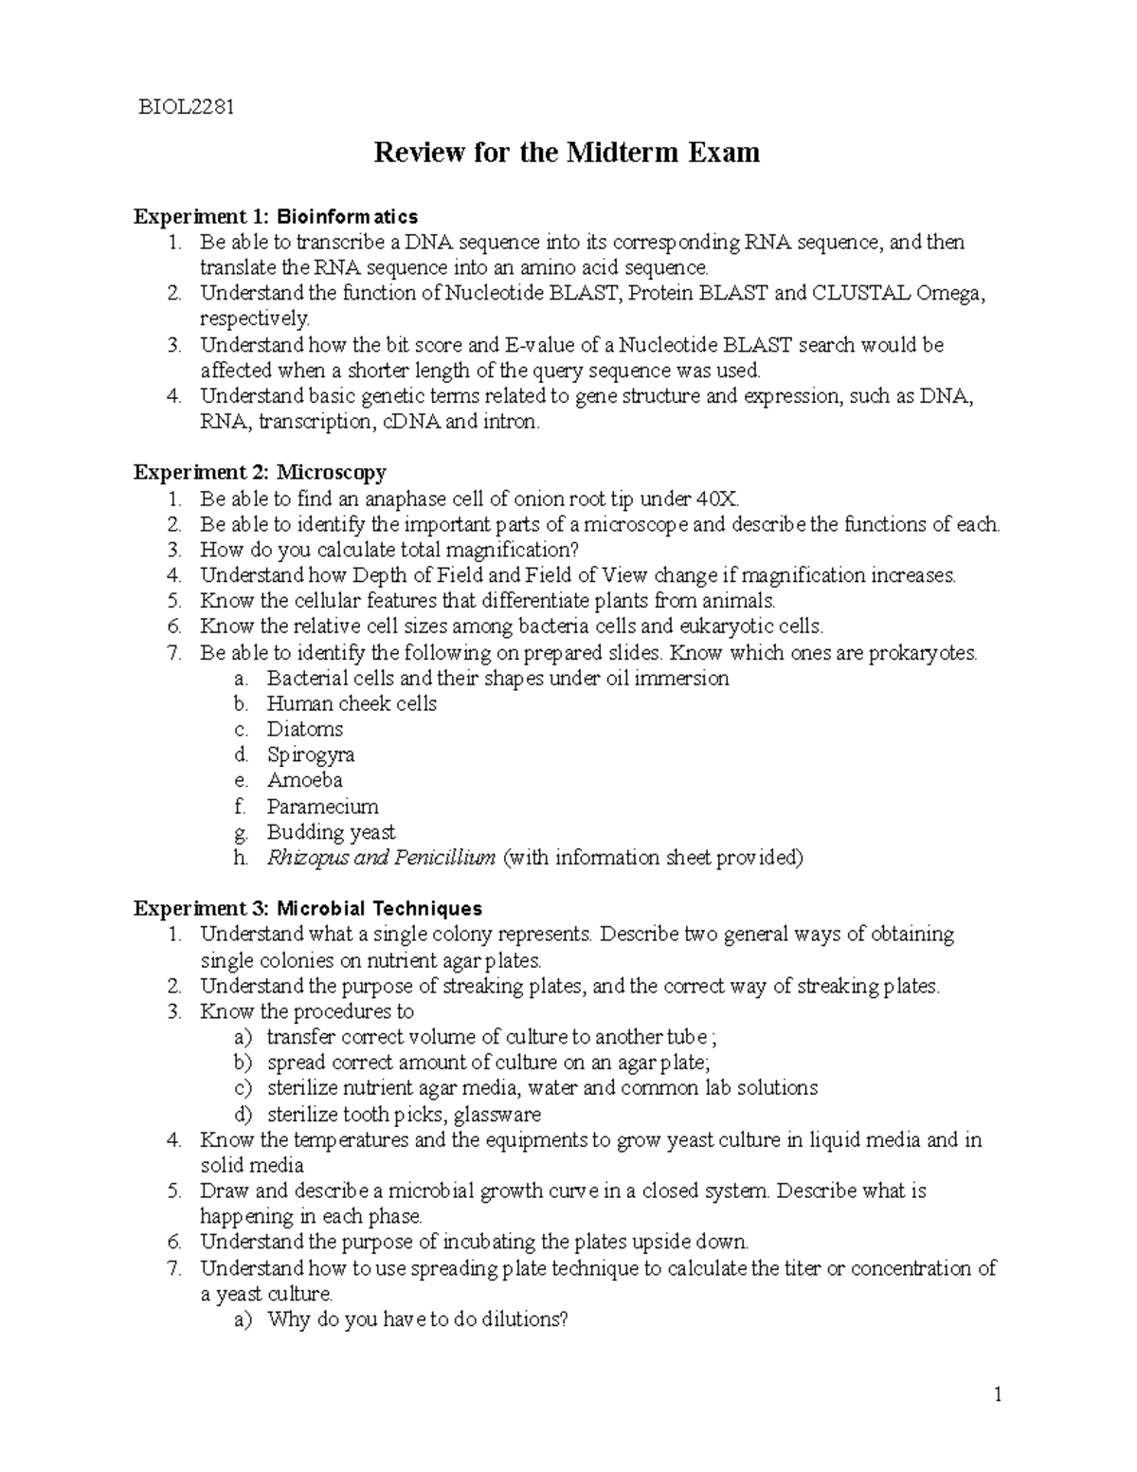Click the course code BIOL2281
coord(186,106)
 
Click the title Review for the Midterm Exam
coord(567,152)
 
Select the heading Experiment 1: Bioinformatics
coord(275,217)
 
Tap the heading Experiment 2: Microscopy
coord(260,472)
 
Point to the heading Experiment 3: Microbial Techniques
coord(308,908)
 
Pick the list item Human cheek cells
coord(352,703)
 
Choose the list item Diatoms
coord(304,729)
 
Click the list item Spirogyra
coord(311,755)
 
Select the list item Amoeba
coord(304,780)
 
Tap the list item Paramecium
coord(322,807)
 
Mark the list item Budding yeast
coord(331,832)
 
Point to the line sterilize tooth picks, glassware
coord(404,1114)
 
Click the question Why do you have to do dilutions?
coord(417,1319)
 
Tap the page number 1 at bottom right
coord(997,1394)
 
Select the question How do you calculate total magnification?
coord(388,550)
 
